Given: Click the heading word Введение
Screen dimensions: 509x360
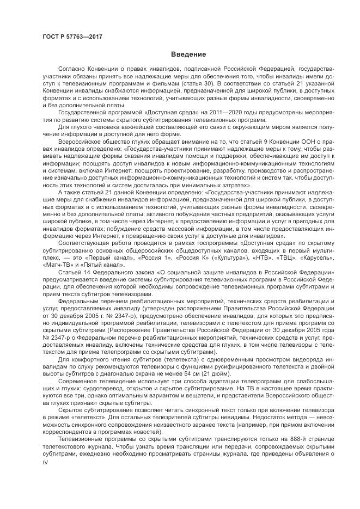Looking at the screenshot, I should [x=188, y=54].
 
